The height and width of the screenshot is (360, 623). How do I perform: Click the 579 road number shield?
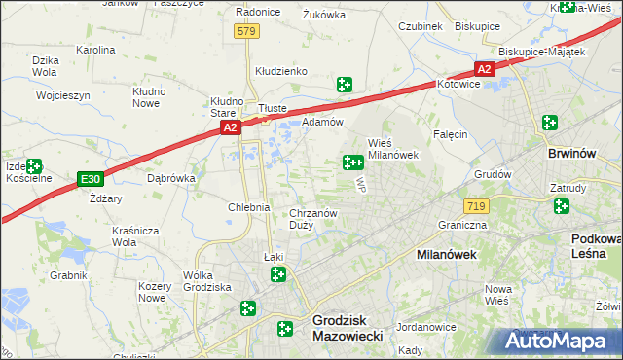click(x=245, y=32)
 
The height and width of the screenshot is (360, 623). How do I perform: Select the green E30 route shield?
click(x=91, y=179)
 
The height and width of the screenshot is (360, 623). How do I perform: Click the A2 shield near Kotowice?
click(x=485, y=69)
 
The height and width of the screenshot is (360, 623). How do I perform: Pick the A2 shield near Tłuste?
click(x=229, y=127)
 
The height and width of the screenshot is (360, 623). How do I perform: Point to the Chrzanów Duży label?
click(x=313, y=220)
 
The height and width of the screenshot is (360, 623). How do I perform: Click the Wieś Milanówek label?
click(x=392, y=149)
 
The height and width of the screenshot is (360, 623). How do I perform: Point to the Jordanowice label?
click(x=426, y=327)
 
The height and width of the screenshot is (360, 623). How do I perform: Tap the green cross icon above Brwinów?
click(x=550, y=124)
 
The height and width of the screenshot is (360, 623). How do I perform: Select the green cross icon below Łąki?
click(x=278, y=276)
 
